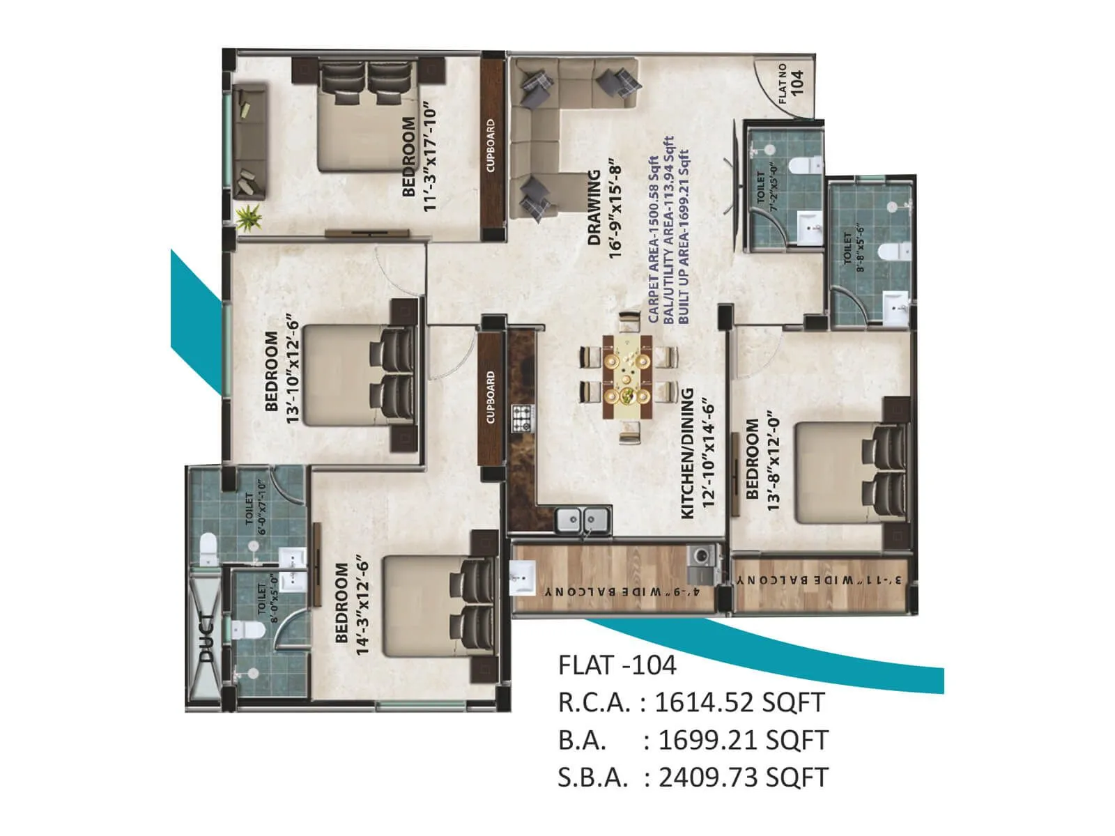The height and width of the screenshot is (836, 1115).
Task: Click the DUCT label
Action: coord(206,637)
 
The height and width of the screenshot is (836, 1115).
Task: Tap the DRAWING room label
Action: coord(594,208)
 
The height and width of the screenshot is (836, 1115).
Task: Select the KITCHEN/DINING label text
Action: coord(687,453)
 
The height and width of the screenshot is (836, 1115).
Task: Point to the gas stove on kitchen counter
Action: coord(521,418)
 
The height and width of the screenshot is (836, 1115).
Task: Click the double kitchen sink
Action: coord(583,519)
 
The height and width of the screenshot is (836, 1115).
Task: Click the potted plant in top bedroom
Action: coord(248,218)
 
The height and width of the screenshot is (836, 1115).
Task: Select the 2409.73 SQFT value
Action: coord(743,777)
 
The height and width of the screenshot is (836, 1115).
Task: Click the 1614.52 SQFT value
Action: coord(740,702)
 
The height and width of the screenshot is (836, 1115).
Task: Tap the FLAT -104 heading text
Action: coord(617,665)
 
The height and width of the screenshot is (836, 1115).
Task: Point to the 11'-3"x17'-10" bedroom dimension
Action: coord(430,159)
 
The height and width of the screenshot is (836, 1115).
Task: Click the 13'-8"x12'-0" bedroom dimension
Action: coord(773,461)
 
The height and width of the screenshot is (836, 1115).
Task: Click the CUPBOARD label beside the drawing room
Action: coord(491,145)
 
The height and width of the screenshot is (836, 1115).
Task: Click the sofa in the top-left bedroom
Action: coord(250,142)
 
